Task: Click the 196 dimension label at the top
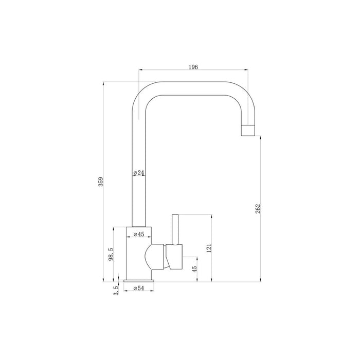[193, 67]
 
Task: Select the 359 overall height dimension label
[101, 182]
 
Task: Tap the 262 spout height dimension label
[258, 208]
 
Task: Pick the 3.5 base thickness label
[117, 291]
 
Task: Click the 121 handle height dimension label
[208, 248]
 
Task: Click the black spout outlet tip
[248, 130]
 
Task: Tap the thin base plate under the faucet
[138, 281]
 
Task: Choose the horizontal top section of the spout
[193, 88]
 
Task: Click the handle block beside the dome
[174, 257]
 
